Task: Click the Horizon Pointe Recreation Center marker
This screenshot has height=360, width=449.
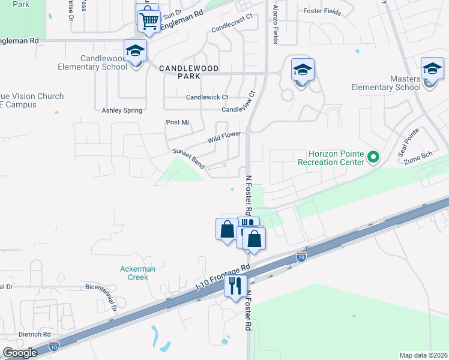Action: point(374,158)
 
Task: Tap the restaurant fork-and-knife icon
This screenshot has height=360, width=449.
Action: point(235,284)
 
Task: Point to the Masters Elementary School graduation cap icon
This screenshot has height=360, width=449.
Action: point(432,68)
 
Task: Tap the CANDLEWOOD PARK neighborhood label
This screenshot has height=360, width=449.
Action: point(188,68)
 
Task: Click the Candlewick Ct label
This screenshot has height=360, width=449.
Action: point(207,97)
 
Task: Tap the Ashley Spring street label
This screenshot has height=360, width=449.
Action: point(122,110)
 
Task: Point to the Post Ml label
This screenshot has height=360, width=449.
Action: point(177,122)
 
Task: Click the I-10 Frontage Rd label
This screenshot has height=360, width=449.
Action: point(223,277)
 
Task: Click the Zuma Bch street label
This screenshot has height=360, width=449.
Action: point(418,158)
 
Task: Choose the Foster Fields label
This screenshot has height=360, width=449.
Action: point(322,12)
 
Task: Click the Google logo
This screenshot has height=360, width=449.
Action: point(20,352)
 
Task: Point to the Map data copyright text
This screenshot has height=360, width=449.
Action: point(423,355)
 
